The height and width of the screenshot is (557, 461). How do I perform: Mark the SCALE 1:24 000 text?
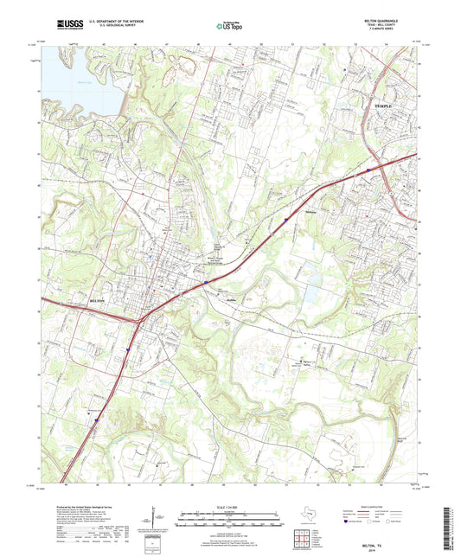[230, 507]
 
